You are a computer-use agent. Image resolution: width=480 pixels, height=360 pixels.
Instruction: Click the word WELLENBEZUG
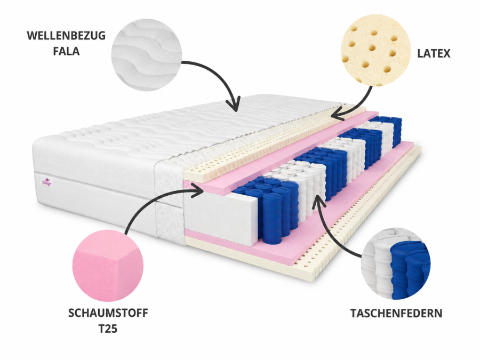click(x=66, y=36)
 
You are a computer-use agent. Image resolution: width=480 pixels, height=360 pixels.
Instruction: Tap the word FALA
click(x=66, y=51)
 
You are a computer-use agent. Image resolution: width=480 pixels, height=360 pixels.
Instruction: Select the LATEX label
click(x=434, y=53)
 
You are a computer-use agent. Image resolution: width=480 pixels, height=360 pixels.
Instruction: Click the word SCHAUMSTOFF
click(x=108, y=313)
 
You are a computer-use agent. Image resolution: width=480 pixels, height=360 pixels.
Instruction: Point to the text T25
click(x=108, y=329)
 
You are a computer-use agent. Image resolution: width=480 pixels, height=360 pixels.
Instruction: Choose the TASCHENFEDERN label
click(x=396, y=313)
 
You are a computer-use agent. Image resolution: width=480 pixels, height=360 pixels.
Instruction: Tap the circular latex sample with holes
click(x=375, y=51)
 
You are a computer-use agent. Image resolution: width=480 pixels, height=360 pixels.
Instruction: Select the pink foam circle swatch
click(x=108, y=266)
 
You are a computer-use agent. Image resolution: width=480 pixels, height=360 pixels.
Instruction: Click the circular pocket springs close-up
click(x=396, y=263)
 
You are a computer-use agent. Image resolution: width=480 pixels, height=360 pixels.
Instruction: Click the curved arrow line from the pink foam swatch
click(x=141, y=202)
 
